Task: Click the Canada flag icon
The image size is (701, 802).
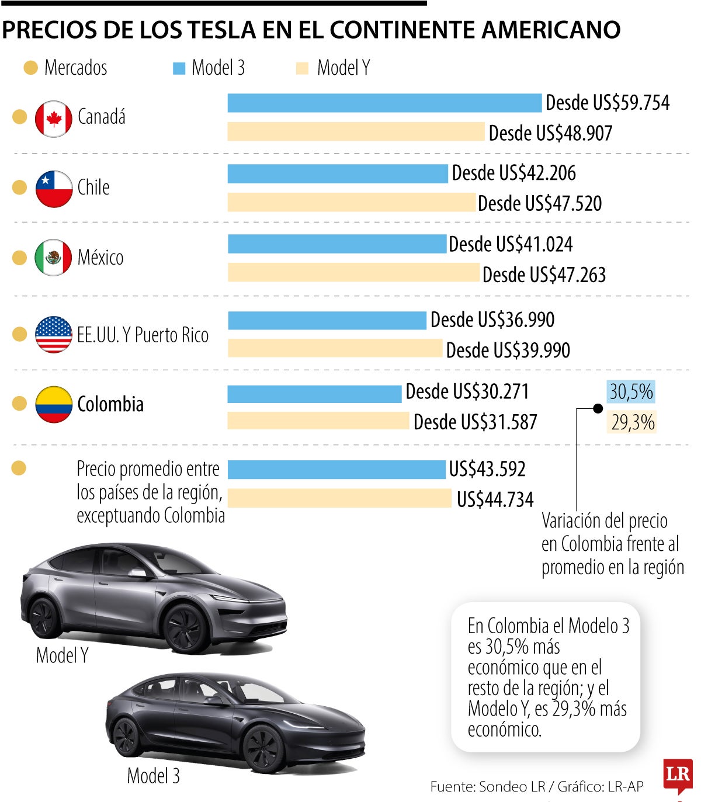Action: (54, 119)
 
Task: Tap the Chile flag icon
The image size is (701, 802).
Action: (54, 189)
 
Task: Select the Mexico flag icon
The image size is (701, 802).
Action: (54, 257)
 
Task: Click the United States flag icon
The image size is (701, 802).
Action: (54, 335)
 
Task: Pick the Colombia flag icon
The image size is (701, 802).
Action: (54, 404)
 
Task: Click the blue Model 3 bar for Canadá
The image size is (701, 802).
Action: (384, 103)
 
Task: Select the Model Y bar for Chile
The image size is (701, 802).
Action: (351, 202)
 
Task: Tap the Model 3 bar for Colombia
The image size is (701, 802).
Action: (314, 393)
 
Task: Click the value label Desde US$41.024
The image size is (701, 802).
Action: (511, 244)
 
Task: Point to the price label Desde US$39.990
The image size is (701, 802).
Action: (508, 350)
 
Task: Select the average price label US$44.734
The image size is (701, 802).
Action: (495, 500)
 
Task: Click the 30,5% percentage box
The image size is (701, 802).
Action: (631, 391)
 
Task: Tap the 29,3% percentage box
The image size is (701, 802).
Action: (632, 422)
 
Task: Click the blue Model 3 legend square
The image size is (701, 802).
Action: (179, 68)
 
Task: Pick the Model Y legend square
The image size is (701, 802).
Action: (302, 68)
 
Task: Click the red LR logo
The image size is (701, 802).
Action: (678, 775)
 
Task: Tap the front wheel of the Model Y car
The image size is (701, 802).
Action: (185, 628)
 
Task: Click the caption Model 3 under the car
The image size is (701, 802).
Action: (153, 776)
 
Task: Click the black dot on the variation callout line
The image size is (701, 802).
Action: (598, 409)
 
